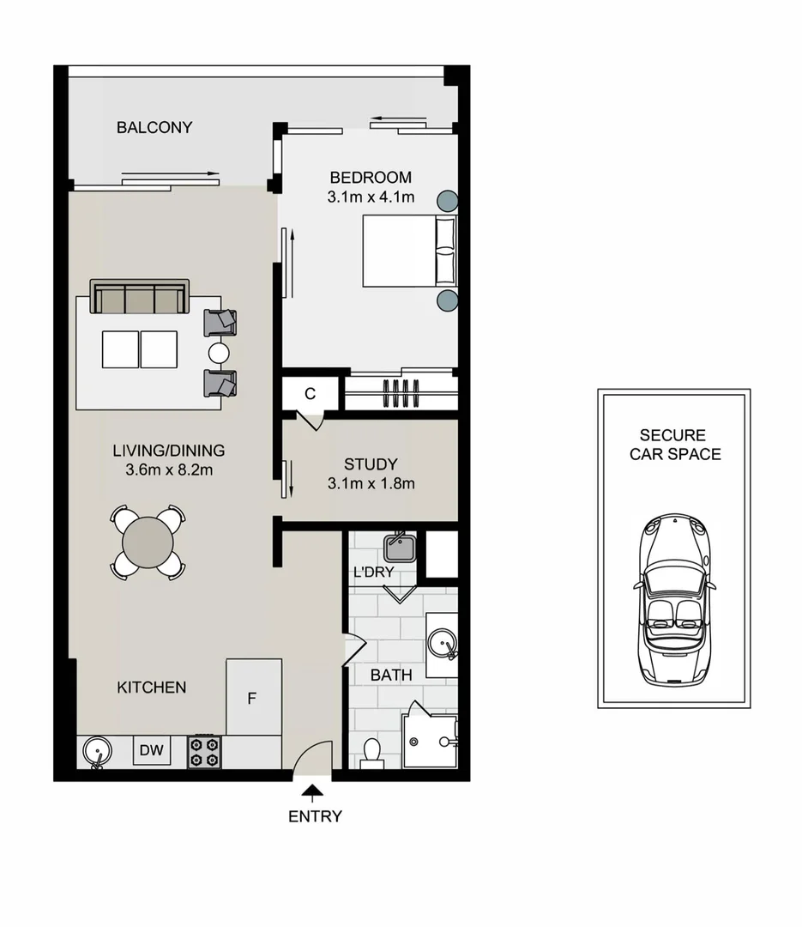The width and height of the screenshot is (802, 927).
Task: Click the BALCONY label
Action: (x=154, y=128)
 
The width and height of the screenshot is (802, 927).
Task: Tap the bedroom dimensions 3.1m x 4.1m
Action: (x=371, y=197)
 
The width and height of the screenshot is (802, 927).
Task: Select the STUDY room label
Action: (x=371, y=464)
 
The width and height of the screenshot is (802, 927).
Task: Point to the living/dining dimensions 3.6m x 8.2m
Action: (x=168, y=470)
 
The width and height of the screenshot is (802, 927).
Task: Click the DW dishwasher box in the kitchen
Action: (x=152, y=751)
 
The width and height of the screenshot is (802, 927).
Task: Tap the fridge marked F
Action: (x=253, y=696)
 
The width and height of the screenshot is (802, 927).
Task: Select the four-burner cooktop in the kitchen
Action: (x=204, y=752)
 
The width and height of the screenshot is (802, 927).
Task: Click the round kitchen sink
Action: (x=98, y=753)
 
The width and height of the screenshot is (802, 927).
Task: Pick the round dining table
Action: (x=148, y=542)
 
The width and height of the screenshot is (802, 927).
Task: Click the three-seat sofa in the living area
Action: (x=140, y=297)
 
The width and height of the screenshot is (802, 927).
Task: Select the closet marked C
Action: (x=311, y=394)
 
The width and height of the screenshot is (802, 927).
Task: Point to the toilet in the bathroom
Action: (x=372, y=753)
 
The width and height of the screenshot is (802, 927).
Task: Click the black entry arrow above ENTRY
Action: (x=314, y=792)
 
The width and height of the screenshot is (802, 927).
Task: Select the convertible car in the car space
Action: (x=674, y=600)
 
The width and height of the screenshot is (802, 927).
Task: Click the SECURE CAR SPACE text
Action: (x=675, y=445)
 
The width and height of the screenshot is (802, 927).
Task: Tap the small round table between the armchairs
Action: (x=220, y=353)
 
